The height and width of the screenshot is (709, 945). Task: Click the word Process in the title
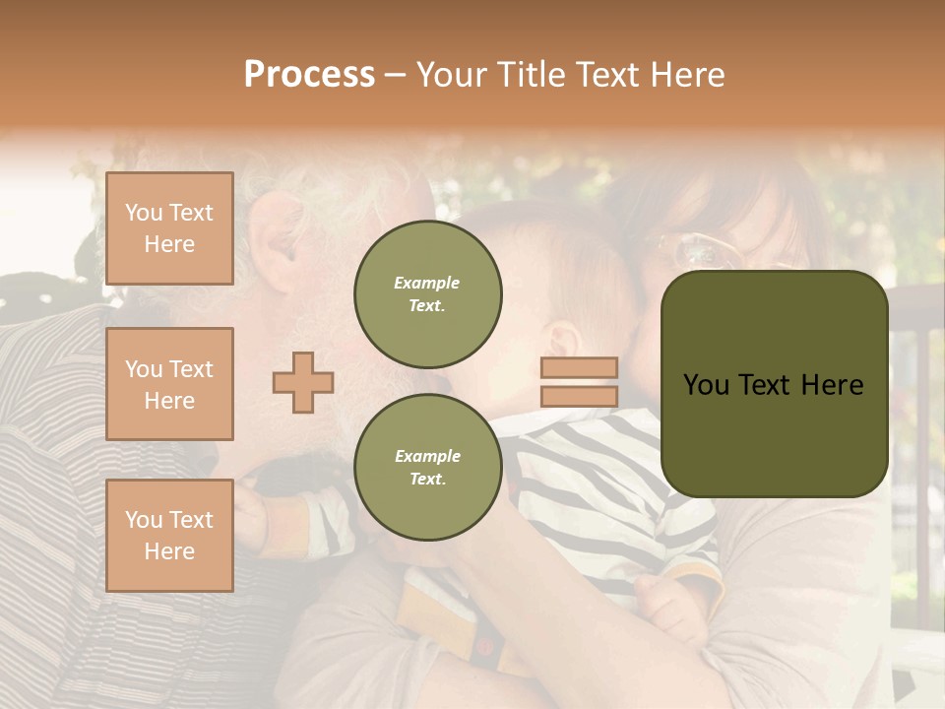coord(309,75)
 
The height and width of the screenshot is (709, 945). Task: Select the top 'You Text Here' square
coord(169,228)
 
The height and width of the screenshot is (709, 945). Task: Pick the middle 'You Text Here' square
coord(169,384)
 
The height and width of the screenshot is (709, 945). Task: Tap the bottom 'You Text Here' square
coord(169,536)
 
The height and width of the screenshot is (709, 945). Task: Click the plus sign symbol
coord(303,382)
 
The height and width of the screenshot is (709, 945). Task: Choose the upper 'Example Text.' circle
coord(427,293)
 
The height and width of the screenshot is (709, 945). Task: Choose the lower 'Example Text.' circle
coord(427,467)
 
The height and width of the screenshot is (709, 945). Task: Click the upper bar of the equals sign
coord(579,367)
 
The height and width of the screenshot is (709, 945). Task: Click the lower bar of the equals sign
coord(579,396)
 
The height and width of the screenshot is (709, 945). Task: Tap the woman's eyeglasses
coord(701,248)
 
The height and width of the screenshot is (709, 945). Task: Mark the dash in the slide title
coord(395,75)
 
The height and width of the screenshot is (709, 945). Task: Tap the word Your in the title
coord(454,75)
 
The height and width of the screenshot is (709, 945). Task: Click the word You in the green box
coord(707,384)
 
